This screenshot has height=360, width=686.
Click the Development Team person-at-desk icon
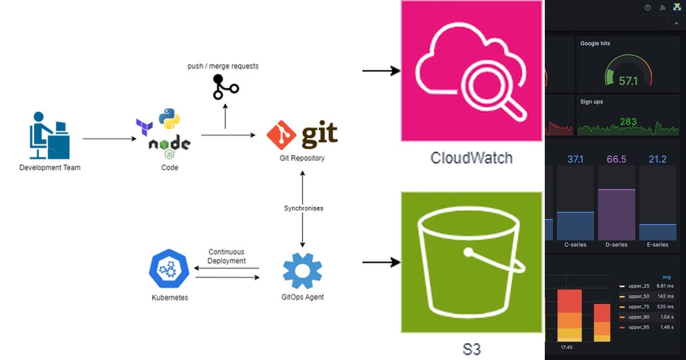click(x=49, y=135)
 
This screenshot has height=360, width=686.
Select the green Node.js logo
click(x=169, y=145)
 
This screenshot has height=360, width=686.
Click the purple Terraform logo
click(x=143, y=126)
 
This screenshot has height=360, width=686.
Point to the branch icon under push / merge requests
click(x=225, y=87)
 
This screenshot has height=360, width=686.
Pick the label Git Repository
click(x=301, y=158)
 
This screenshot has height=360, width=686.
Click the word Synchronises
click(x=303, y=208)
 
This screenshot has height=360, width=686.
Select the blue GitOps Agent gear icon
click(x=302, y=271)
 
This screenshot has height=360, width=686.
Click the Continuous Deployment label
click(x=226, y=256)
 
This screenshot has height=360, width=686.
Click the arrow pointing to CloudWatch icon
click(x=381, y=71)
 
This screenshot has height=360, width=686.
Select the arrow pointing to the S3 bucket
click(x=381, y=262)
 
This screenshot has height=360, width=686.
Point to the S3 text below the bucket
click(x=471, y=349)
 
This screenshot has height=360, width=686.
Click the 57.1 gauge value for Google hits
click(x=628, y=81)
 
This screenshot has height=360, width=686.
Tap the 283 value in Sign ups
click(x=628, y=122)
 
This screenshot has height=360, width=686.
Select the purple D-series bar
click(x=616, y=214)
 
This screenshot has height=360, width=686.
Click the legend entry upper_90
click(x=638, y=317)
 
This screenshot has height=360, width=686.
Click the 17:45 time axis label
click(x=566, y=346)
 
